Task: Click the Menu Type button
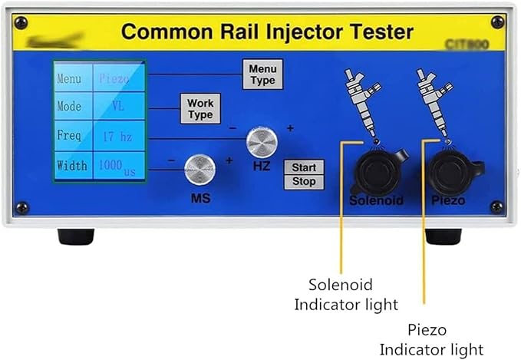pyautogui.click(x=262, y=74)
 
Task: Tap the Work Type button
pyautogui.click(x=200, y=108)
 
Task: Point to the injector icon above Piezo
pyautogui.click(x=432, y=101)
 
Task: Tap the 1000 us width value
pyautogui.click(x=117, y=167)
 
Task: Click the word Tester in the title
pyautogui.click(x=376, y=33)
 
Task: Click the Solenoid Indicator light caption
pyautogui.click(x=346, y=294)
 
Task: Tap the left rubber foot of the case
pyautogui.click(x=76, y=236)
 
